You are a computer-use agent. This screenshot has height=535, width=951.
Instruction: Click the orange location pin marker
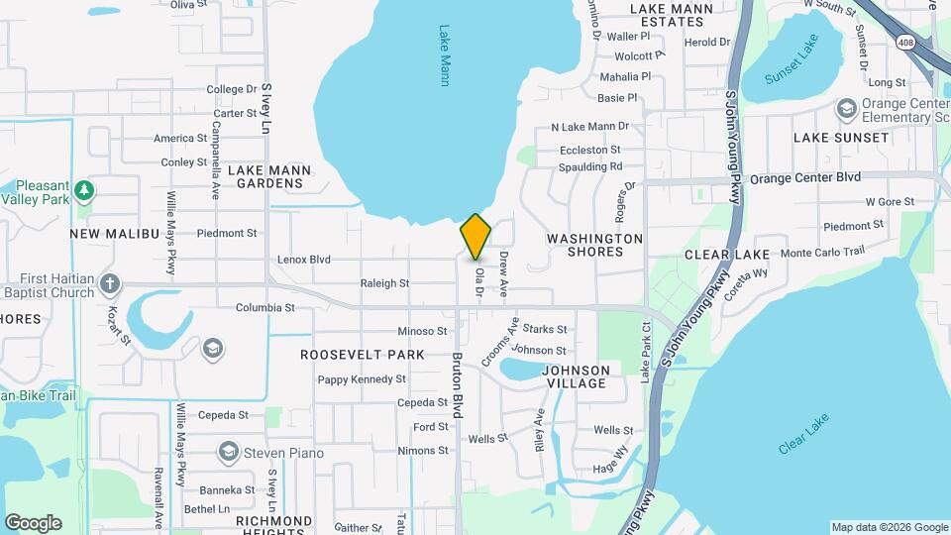tap(475, 237)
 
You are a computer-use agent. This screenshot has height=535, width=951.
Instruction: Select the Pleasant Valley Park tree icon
tap(85, 189)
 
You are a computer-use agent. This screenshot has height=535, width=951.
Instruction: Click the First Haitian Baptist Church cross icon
tap(110, 283)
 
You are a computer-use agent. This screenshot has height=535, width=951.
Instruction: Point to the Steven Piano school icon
tap(229, 453)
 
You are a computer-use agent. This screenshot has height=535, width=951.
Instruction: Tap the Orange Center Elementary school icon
tap(846, 107)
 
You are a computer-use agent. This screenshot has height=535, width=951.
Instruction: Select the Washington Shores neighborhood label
tap(594, 245)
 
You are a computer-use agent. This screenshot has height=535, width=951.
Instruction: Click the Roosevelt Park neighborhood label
tap(362, 354)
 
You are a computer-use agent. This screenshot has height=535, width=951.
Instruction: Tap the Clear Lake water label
tap(803, 434)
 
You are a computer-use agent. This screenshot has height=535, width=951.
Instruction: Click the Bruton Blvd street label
tap(458, 385)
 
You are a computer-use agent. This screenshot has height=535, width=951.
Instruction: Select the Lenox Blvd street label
tap(303, 260)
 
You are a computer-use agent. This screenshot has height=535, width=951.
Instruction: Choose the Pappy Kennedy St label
tap(362, 379)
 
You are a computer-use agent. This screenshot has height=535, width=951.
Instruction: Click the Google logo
tap(33, 522)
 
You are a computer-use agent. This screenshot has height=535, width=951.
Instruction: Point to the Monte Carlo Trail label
tap(823, 253)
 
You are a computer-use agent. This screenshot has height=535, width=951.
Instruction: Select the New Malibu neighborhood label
tap(114, 234)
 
